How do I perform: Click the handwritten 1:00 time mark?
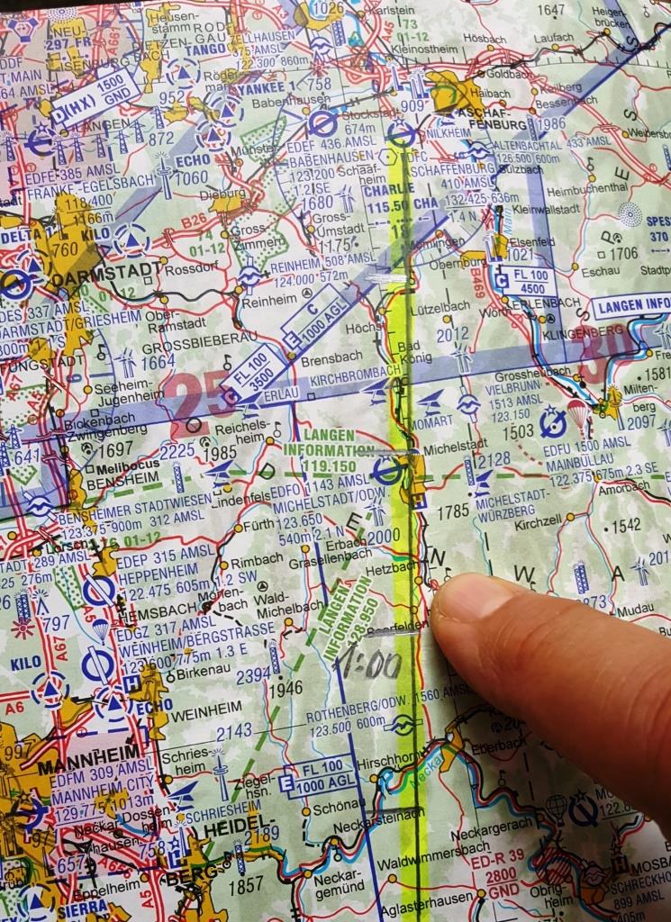tap(367, 664)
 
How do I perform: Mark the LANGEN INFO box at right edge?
tap(631, 304)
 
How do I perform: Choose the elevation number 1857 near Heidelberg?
tap(245, 886)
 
